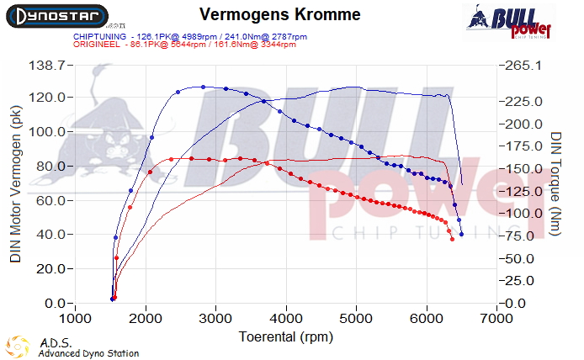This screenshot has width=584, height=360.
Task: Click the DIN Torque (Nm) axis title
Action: click(x=556, y=183)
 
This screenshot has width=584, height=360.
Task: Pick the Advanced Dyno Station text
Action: click(x=88, y=353)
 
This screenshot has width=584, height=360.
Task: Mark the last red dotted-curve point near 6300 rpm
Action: click(x=453, y=240)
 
